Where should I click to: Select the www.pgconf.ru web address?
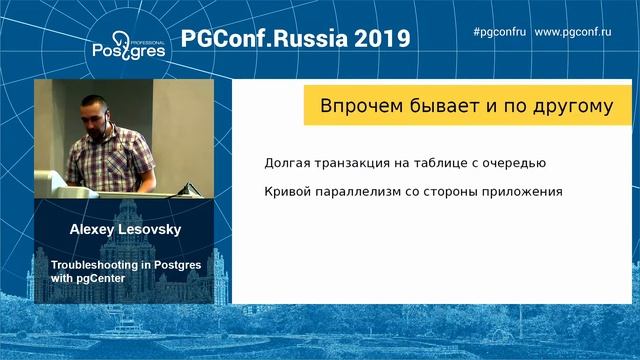pos(586,31)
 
